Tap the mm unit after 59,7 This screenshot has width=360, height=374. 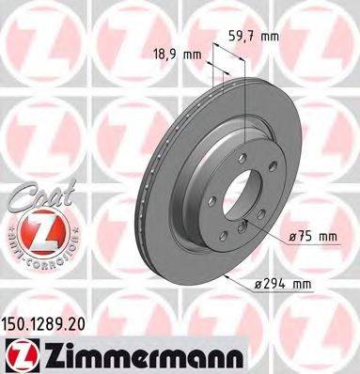click(x=272, y=39)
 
